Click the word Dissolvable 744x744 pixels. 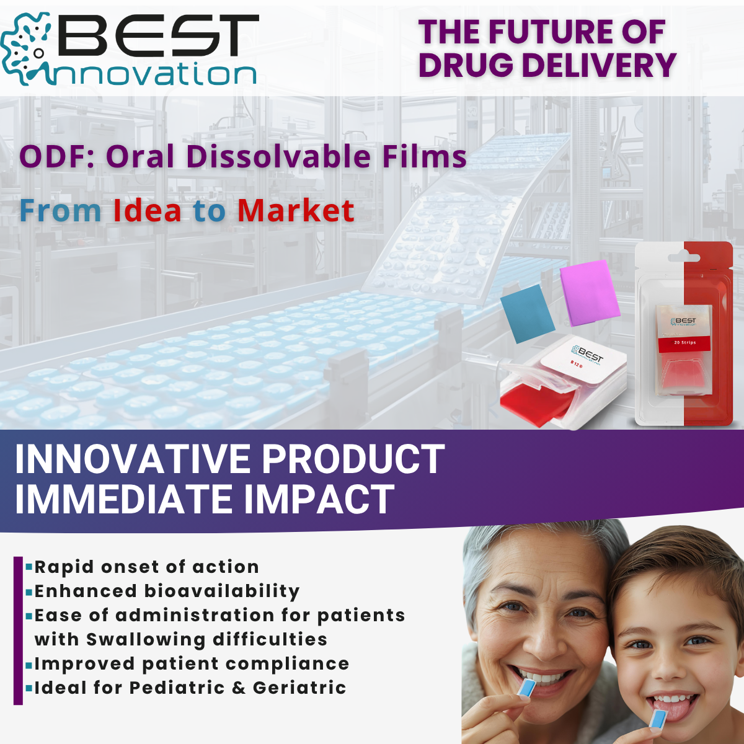pyautogui.click(x=278, y=156)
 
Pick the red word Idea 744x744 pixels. pyautogui.click(x=148, y=211)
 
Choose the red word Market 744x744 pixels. pyautogui.click(x=296, y=211)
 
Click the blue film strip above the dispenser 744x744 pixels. pyautogui.click(x=528, y=313)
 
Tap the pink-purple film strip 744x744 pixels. pyautogui.click(x=589, y=291)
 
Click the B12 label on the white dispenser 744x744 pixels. pyautogui.click(x=576, y=365)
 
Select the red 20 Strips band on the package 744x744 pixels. pyautogui.click(x=684, y=342)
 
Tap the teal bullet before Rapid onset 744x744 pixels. pyautogui.click(x=29, y=566)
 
